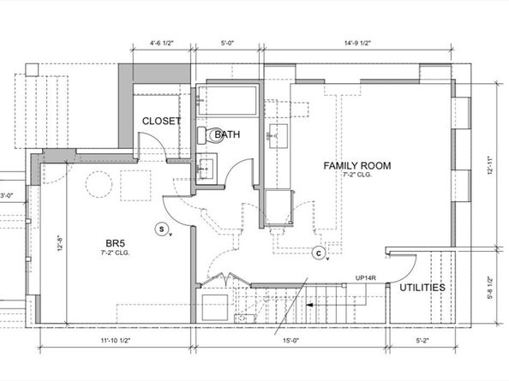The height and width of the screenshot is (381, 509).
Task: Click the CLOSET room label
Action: (161, 122)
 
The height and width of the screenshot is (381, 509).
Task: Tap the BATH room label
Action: (227, 134)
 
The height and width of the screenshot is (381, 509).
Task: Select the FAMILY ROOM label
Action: (357, 166)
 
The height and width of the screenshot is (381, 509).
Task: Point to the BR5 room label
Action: (115, 243)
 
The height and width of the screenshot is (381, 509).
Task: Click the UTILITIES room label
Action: (422, 288)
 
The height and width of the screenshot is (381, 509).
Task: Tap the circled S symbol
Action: (161, 229)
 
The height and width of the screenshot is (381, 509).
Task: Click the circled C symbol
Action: (319, 253)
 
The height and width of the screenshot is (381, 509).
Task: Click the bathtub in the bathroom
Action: (227, 100)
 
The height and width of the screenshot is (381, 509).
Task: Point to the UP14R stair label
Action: (366, 278)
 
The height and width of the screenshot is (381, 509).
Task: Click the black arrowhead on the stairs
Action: (309, 305)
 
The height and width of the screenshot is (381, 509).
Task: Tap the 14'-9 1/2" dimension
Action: (357, 43)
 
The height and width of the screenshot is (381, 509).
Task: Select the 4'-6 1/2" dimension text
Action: (162, 43)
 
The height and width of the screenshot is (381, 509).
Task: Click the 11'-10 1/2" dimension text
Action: (115, 341)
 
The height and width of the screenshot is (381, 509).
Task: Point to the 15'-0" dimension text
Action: (290, 341)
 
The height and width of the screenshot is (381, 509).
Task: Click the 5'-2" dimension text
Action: (422, 341)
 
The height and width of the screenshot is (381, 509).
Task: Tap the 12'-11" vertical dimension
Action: (490, 166)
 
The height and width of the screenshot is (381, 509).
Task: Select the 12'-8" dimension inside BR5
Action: (60, 243)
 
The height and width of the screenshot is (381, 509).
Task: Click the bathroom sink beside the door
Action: (207, 169)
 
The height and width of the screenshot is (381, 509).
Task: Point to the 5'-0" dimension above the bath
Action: (227, 43)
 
